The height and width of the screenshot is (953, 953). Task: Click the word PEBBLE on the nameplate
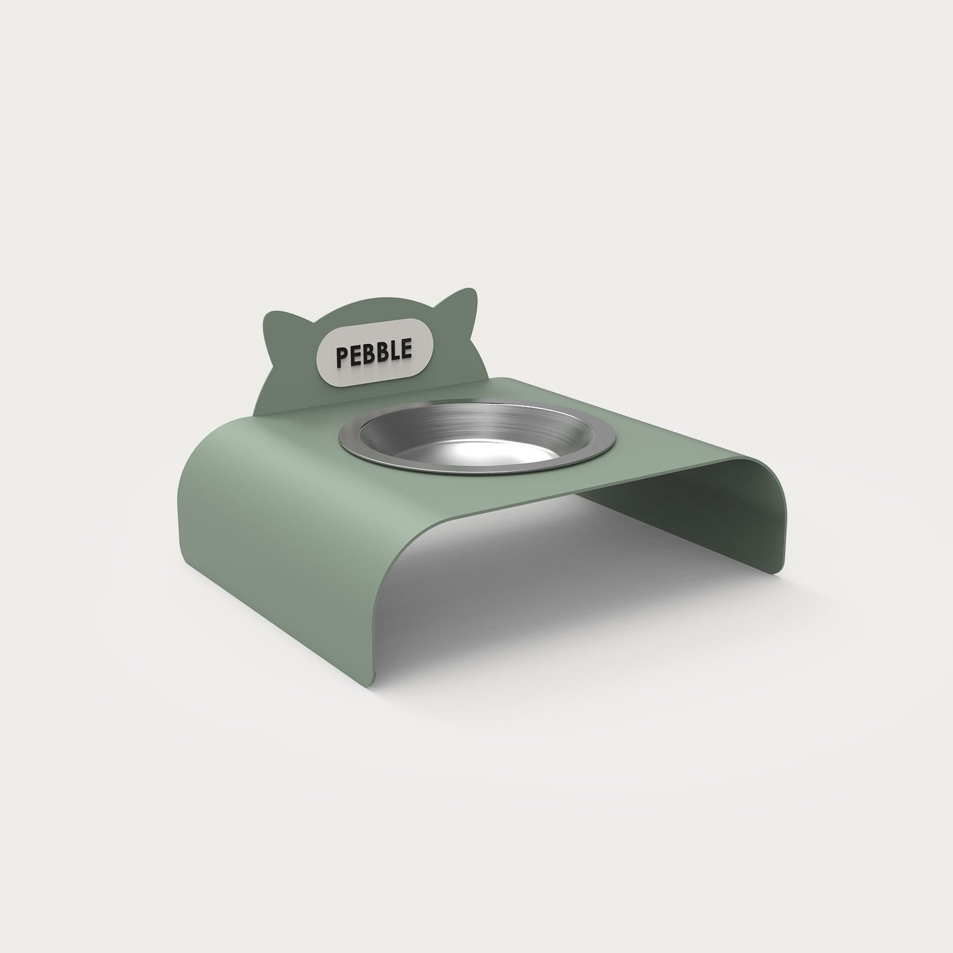375,352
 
